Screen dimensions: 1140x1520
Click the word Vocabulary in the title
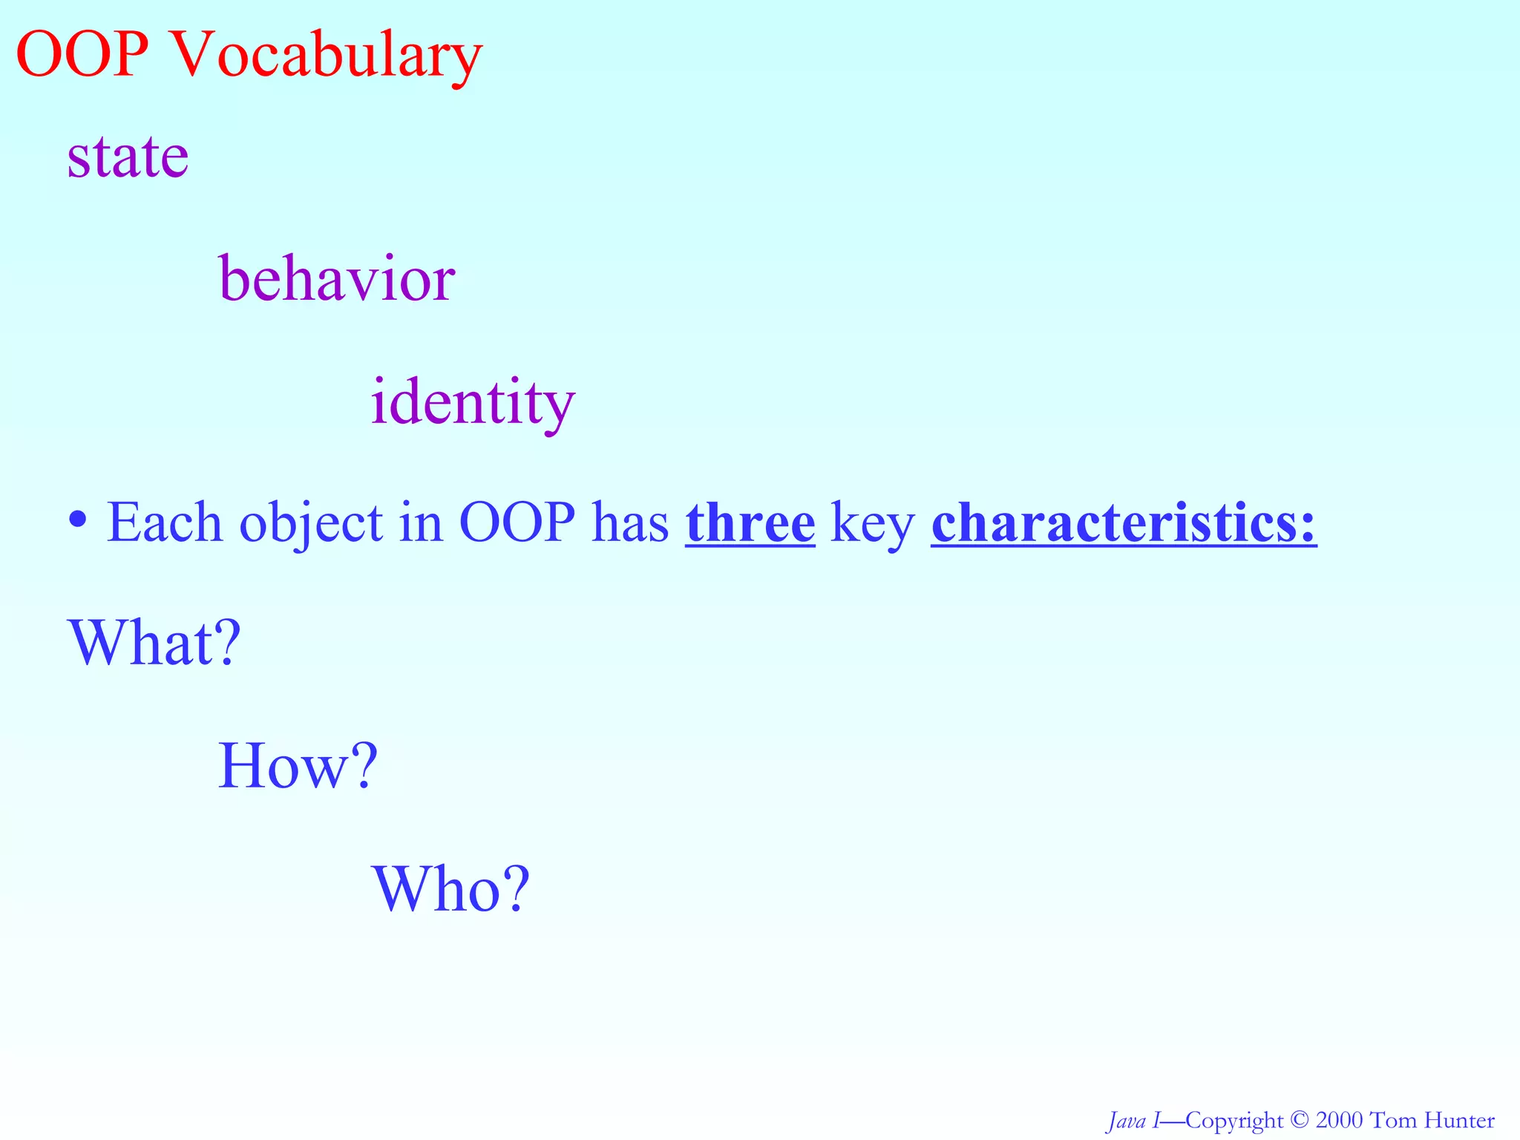327,56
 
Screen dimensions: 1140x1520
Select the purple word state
128,157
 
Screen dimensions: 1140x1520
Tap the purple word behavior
336,281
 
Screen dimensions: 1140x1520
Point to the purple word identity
473,402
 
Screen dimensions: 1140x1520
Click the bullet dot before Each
77,518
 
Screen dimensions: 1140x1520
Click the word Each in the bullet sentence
165,523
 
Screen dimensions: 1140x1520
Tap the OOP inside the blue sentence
517,523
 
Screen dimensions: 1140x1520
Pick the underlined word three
750,523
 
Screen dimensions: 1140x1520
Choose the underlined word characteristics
1124,523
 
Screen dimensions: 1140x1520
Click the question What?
154,643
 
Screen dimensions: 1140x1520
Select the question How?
298,766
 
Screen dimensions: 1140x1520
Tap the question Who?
451,889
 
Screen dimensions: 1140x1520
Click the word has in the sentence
630,523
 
